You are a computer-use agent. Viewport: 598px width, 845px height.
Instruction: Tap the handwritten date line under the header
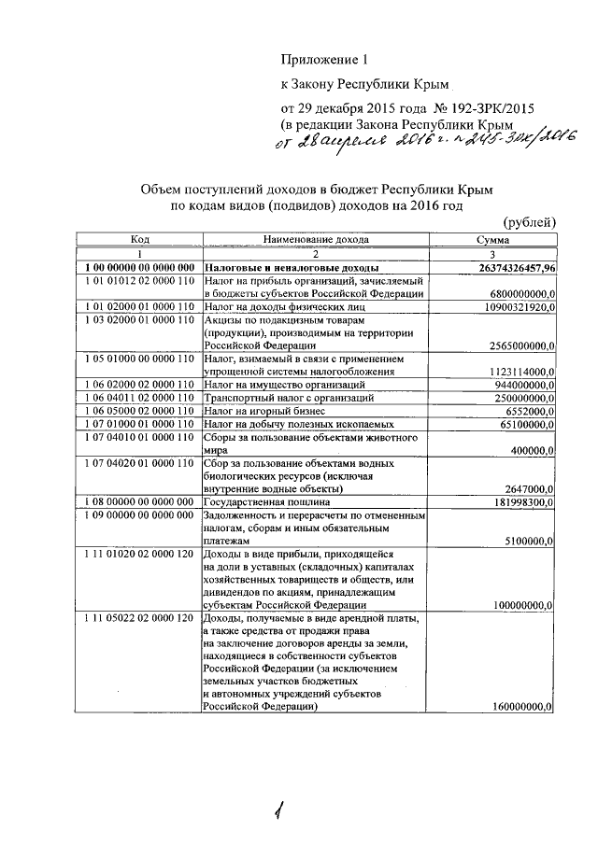tap(422, 140)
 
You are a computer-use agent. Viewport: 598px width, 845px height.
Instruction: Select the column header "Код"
tap(140, 240)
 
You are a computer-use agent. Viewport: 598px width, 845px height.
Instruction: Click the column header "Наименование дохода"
tap(316, 240)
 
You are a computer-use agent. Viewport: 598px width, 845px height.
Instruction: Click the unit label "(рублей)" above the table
tap(529, 221)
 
